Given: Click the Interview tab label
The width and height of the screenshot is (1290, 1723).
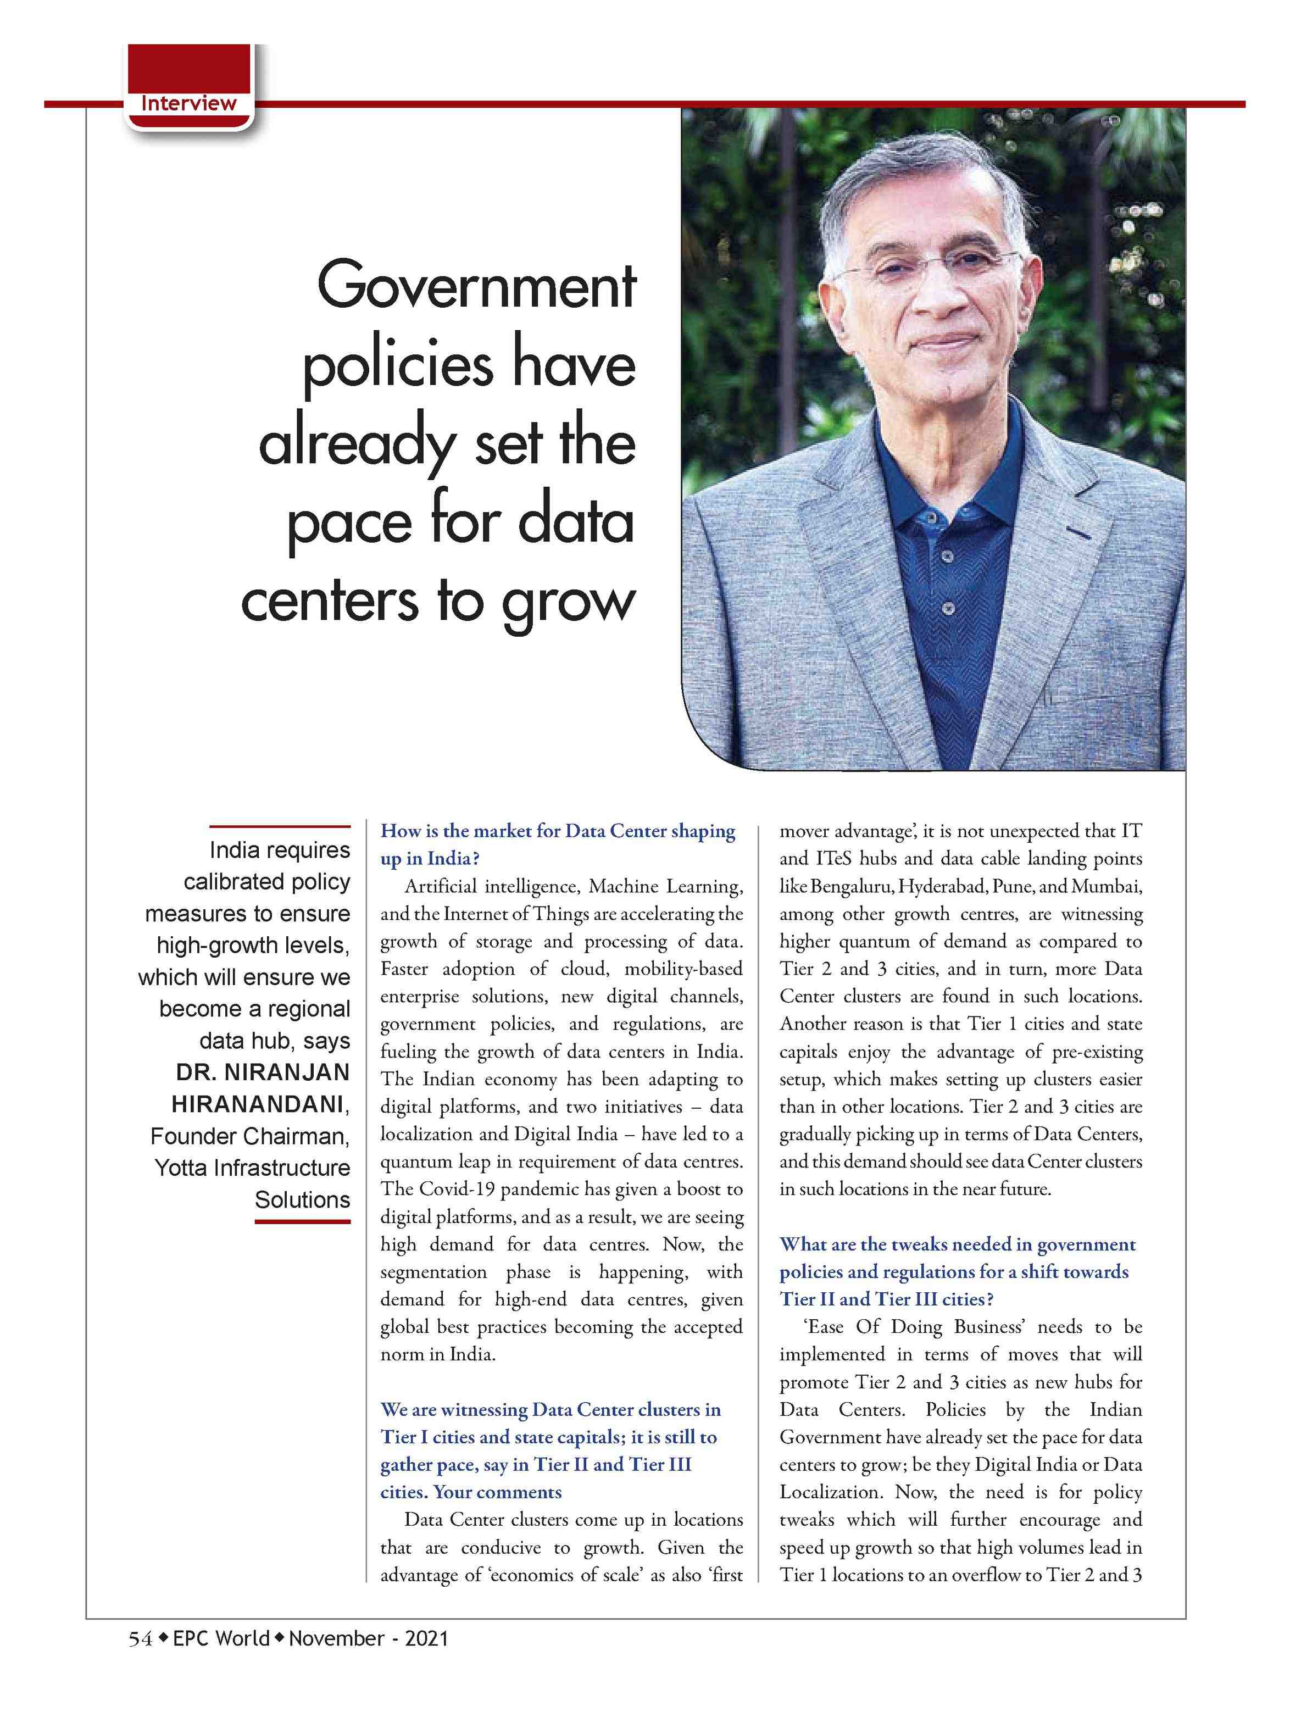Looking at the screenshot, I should [x=188, y=103].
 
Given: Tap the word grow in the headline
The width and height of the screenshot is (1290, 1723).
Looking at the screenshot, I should [x=568, y=603].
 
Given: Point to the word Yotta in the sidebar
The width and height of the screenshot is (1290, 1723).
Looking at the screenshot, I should [x=181, y=1168].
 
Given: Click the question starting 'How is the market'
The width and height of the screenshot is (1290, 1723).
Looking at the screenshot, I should [x=557, y=844].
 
